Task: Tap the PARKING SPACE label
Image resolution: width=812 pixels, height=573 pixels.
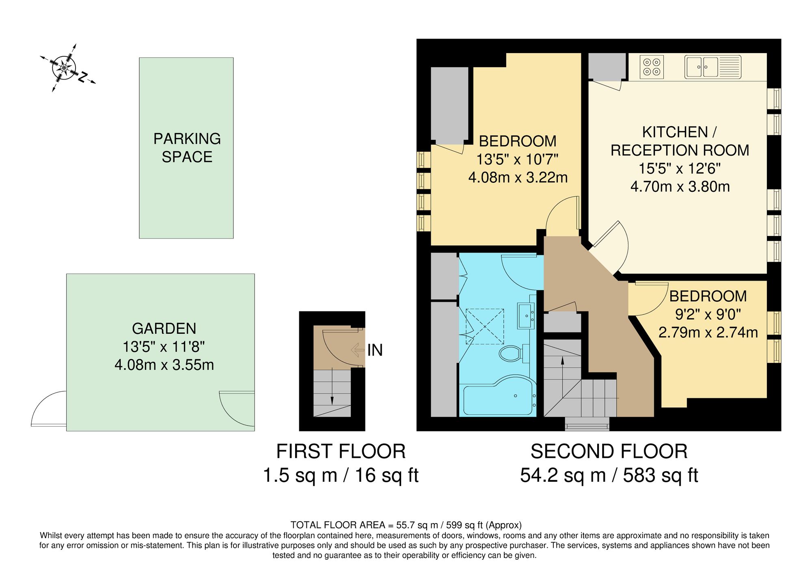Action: (187, 148)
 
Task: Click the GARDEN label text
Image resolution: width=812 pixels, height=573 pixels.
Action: (164, 328)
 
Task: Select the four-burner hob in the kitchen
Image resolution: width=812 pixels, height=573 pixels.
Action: (652, 67)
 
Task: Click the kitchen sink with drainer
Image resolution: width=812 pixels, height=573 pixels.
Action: (713, 67)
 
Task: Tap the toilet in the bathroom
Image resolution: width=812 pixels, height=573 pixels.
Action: (510, 354)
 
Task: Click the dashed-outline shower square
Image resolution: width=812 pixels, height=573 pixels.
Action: (485, 326)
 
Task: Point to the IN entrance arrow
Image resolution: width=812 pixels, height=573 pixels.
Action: (358, 350)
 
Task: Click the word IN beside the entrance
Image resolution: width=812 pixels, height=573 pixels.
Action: (375, 350)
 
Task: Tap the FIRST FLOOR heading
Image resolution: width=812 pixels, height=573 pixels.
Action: (341, 451)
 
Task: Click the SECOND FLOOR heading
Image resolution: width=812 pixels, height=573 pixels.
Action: (609, 451)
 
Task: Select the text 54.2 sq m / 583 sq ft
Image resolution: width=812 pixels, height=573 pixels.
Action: (609, 475)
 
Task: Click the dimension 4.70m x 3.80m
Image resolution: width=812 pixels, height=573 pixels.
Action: (680, 187)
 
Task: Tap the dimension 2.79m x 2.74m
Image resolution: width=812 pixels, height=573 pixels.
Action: (708, 333)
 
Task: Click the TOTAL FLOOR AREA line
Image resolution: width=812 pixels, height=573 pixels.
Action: (406, 525)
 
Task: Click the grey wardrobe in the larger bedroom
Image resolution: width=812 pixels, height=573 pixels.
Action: (449, 105)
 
